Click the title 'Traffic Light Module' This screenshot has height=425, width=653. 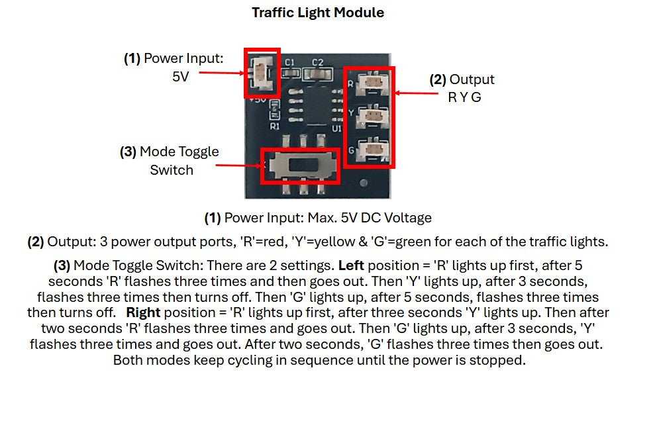point(317,13)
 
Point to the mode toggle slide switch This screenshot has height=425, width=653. point(301,165)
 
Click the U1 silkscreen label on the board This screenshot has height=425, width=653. point(336,128)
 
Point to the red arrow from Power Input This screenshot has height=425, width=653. point(221,73)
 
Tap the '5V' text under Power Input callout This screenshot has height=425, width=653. point(180,76)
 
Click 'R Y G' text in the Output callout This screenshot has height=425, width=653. point(463,97)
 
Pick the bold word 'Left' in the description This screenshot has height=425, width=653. point(352,265)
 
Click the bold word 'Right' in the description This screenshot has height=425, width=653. point(143,312)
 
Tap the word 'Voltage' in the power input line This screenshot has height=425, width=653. point(409,218)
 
